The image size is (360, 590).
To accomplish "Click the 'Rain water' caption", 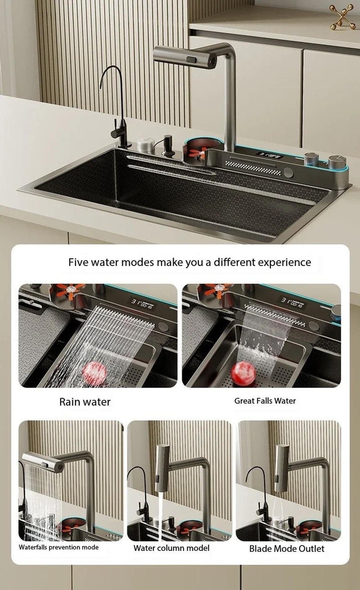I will (85, 402).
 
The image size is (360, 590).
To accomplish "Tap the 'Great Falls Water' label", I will (265, 401).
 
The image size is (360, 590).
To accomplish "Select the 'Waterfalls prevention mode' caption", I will (58, 547).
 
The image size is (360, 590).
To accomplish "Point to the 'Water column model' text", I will (171, 548).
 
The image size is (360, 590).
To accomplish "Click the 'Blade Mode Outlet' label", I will (287, 548).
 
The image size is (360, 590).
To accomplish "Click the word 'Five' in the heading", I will (79, 262).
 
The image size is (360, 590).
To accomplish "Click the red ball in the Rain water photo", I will (94, 371).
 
